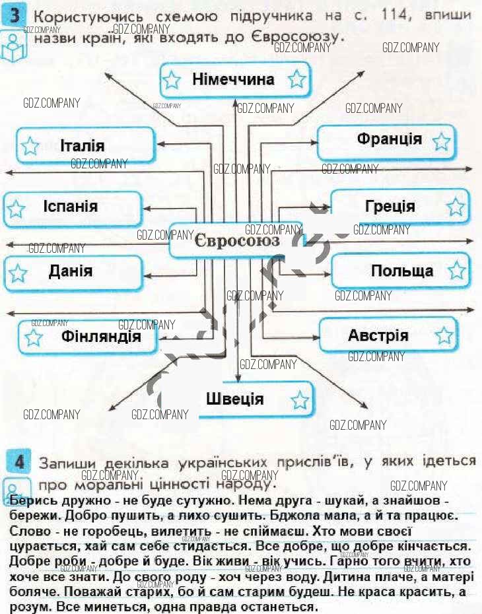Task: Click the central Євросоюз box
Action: [x=236, y=241]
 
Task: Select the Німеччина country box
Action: [x=234, y=80]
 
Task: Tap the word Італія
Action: [x=82, y=146]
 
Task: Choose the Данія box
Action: [x=73, y=271]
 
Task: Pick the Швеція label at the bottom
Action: [x=234, y=399]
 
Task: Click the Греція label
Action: [x=390, y=207]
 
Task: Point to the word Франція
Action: [x=390, y=139]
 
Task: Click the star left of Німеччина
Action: [x=172, y=81]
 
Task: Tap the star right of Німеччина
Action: [x=297, y=81]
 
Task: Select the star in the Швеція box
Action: [x=300, y=399]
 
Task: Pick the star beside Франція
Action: [x=441, y=141]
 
